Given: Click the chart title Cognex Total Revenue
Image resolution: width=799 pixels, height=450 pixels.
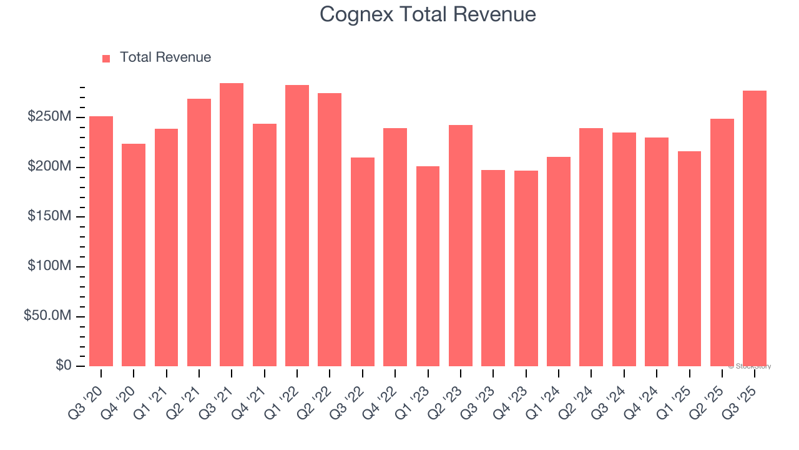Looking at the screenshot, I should point(428,14).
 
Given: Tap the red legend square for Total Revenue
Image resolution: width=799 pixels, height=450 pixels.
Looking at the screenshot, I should point(106,58).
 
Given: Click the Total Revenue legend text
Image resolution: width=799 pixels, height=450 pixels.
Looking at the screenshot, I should point(165,57).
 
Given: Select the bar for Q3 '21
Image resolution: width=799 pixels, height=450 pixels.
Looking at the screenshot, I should point(232,224).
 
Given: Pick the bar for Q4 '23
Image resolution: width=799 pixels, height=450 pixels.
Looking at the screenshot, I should point(526,268).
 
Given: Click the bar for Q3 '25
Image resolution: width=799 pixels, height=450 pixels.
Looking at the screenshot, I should point(755,228).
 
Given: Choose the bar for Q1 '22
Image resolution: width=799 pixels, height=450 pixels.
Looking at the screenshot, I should point(297,226).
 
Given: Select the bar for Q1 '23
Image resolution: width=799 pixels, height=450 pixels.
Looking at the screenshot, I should point(428,266).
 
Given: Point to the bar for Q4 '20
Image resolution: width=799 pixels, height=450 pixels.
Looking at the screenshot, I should point(134,255).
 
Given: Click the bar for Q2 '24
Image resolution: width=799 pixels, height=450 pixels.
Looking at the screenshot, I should point(591,247).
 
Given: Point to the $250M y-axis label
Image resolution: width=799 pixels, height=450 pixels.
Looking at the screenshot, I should point(49,117).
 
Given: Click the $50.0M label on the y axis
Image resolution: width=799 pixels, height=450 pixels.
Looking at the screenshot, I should point(47,316).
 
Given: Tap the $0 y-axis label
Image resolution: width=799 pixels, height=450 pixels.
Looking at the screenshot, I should point(63,365).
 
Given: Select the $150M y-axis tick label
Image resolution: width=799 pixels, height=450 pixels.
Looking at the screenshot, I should point(49,216).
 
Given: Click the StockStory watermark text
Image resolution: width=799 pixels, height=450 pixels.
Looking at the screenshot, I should point(749,366).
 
